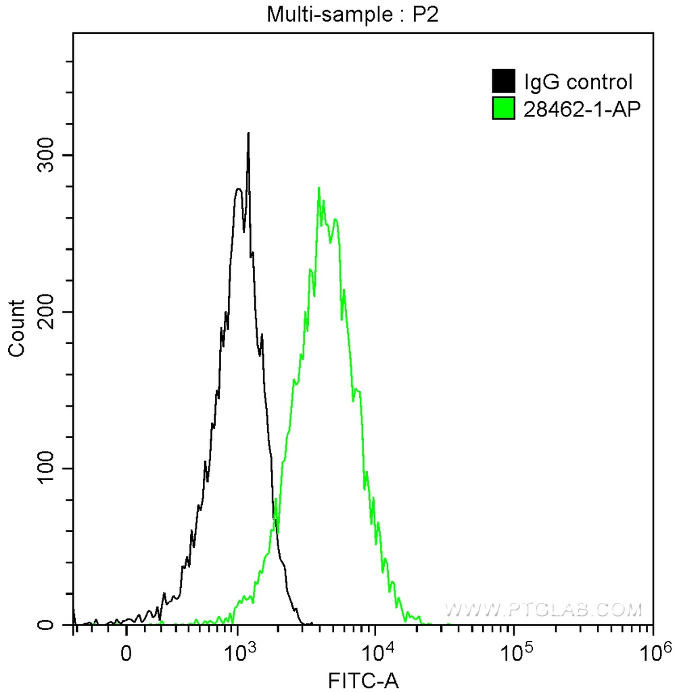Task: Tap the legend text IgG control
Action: click(x=578, y=83)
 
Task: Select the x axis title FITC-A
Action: click(x=363, y=680)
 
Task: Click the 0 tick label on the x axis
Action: click(x=126, y=654)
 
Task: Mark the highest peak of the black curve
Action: click(x=248, y=133)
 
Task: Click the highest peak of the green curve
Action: click(x=318, y=187)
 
